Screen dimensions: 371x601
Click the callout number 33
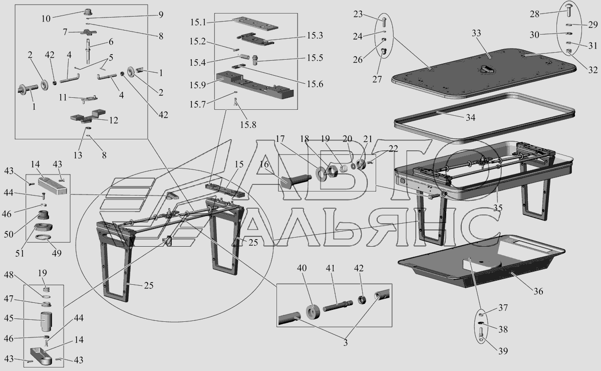(476, 34)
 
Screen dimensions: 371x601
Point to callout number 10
(46, 19)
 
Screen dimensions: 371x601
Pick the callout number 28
(534, 14)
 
